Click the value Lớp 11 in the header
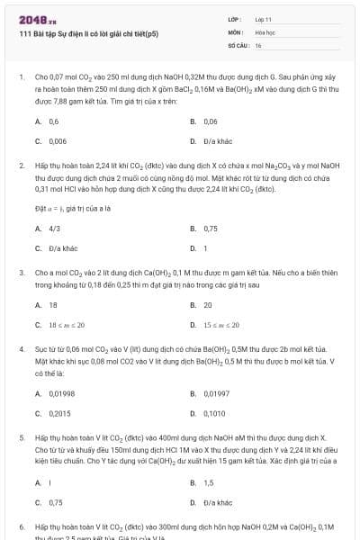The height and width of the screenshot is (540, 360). [264, 18]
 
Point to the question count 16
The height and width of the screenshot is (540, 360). [258, 44]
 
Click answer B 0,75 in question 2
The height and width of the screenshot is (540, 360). [211, 229]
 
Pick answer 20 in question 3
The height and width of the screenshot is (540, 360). [208, 305]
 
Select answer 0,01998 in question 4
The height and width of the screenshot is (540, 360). [62, 393]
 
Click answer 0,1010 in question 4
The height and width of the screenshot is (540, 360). [214, 413]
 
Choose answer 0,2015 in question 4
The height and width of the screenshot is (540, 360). [59, 413]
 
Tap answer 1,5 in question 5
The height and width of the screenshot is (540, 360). [208, 482]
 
